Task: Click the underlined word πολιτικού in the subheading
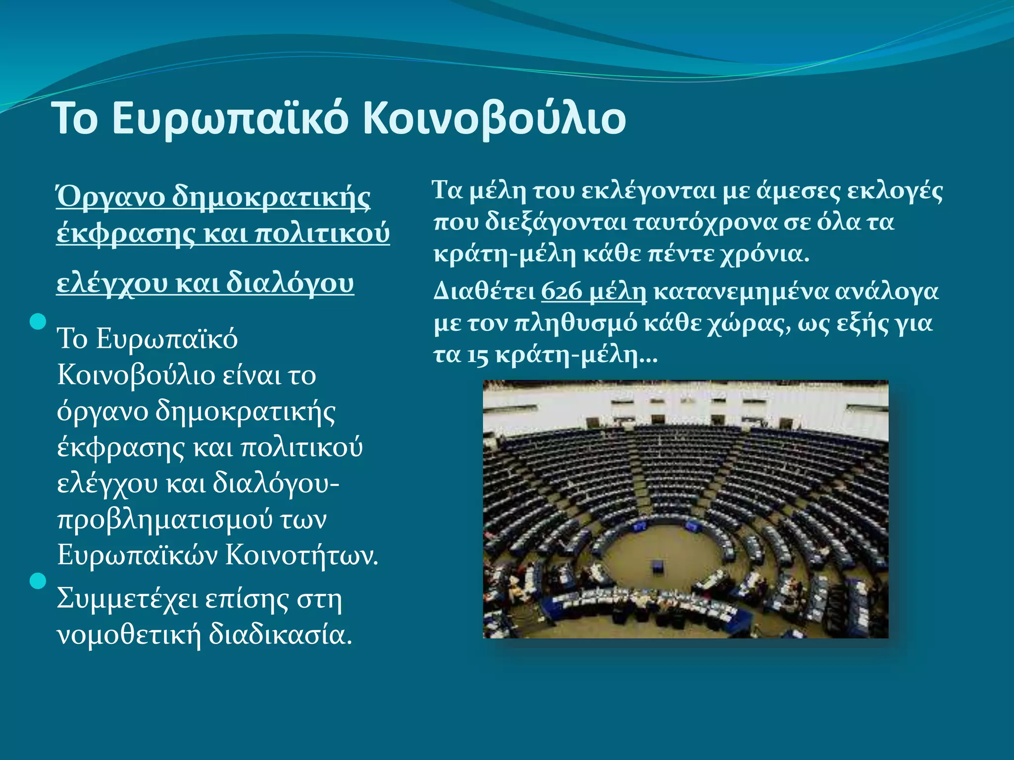click(322, 233)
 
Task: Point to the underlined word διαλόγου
click(290, 283)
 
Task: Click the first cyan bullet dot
click(38, 322)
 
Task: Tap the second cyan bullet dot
click(38, 580)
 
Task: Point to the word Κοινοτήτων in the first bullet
click(302, 555)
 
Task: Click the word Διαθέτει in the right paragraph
click(484, 291)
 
